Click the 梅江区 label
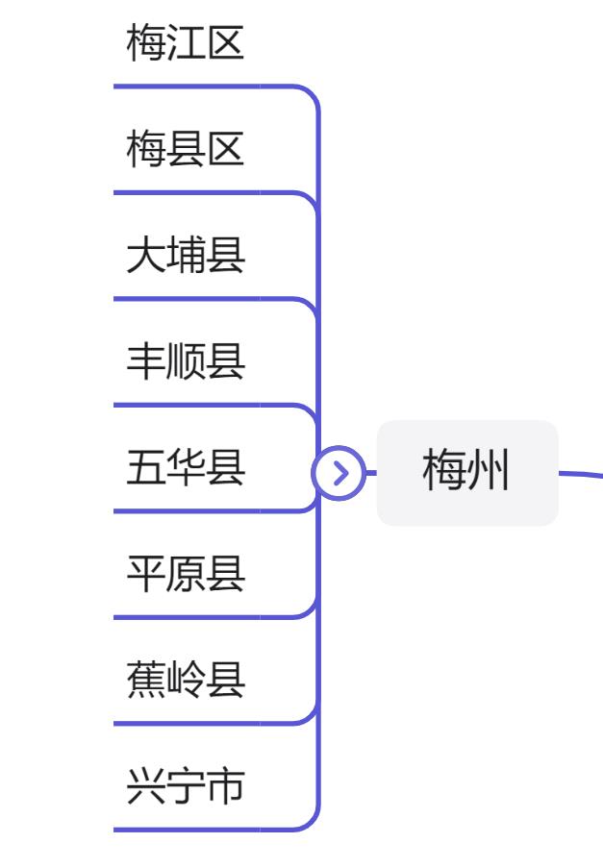(186, 44)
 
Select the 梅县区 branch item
(186, 150)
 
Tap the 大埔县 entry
(186, 256)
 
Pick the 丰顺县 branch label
(186, 361)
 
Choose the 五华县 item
(186, 468)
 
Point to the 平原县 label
(186, 574)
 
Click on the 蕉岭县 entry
(186, 680)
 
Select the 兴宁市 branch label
(186, 786)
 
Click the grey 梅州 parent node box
(466, 473)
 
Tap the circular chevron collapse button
(339, 473)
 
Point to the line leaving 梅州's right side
(582, 473)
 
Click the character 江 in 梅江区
(186, 44)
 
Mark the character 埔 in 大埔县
(186, 256)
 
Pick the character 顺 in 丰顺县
(186, 361)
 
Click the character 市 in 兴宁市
(226, 786)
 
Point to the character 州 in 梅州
(489, 473)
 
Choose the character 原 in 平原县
(186, 574)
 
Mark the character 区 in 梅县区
(226, 150)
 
